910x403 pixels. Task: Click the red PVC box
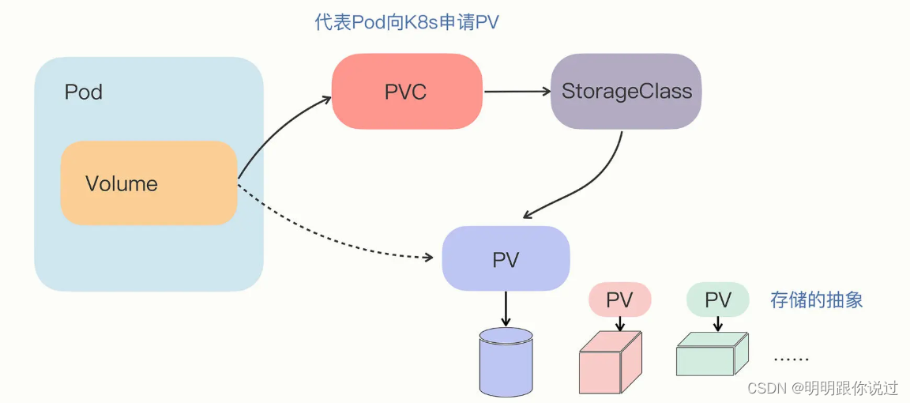[x=406, y=92]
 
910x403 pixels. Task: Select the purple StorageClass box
[x=626, y=91]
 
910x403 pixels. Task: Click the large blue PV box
[x=506, y=259]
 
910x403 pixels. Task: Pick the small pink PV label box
[x=619, y=300]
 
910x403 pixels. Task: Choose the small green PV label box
[x=717, y=299]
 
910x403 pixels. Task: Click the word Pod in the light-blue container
[x=84, y=92]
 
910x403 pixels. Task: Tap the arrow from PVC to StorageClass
[x=517, y=91]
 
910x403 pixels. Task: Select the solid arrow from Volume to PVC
[x=276, y=130]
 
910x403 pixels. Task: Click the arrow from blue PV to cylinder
[x=506, y=309]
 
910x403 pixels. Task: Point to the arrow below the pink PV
[x=620, y=324]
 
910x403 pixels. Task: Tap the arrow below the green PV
[x=717, y=324]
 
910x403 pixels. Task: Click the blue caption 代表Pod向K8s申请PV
[x=407, y=22]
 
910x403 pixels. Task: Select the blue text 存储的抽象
[x=816, y=299]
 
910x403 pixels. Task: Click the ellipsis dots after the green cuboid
[x=791, y=359]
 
